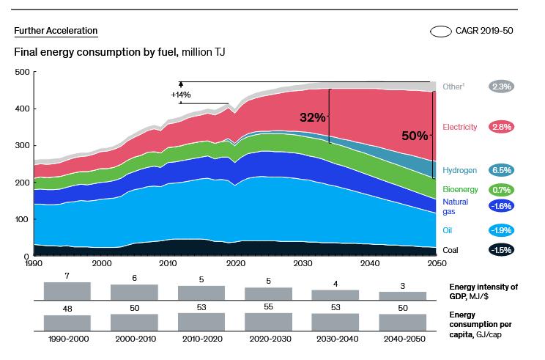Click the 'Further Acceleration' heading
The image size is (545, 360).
coord(56,31)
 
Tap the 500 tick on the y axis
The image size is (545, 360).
coord(21,72)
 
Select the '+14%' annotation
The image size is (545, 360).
coord(180,95)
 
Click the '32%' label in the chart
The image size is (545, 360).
coord(312,117)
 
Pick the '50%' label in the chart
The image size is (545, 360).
coord(415,136)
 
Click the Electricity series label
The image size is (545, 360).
coord(459,128)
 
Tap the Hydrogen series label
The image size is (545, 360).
coord(459,170)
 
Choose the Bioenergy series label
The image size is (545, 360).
coord(461,191)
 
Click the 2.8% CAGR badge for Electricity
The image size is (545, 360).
coord(503,128)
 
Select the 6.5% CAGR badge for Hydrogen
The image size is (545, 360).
coord(503,170)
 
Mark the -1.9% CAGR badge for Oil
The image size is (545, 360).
coord(503,230)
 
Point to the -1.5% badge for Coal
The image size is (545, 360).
coord(503,250)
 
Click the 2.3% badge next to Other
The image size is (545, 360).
coord(503,87)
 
